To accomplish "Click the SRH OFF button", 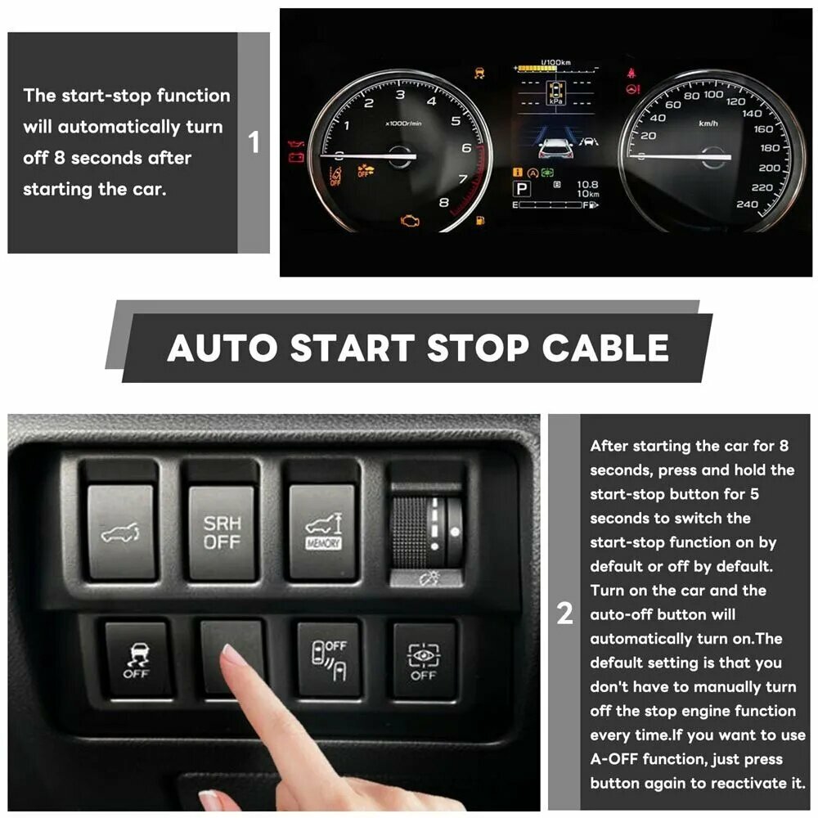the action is point(222,533).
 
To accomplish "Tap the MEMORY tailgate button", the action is point(322,533).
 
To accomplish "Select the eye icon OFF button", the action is point(424,659).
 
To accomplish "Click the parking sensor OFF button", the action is point(329,659).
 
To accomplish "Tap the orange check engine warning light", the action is point(410,221).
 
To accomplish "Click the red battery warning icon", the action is point(296,156).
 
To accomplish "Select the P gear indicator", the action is point(521,189).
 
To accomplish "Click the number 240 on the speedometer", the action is point(747,204).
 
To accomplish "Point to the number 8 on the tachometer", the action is point(443,202).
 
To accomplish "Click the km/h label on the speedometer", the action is point(708,124).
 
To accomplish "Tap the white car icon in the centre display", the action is point(556,148).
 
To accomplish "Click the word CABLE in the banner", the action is point(605,348).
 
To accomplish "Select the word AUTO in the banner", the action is point(222,348).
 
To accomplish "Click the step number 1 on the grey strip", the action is point(254,142).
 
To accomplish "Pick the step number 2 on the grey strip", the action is point(564,613).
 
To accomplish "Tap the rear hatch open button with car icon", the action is point(120,533).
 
